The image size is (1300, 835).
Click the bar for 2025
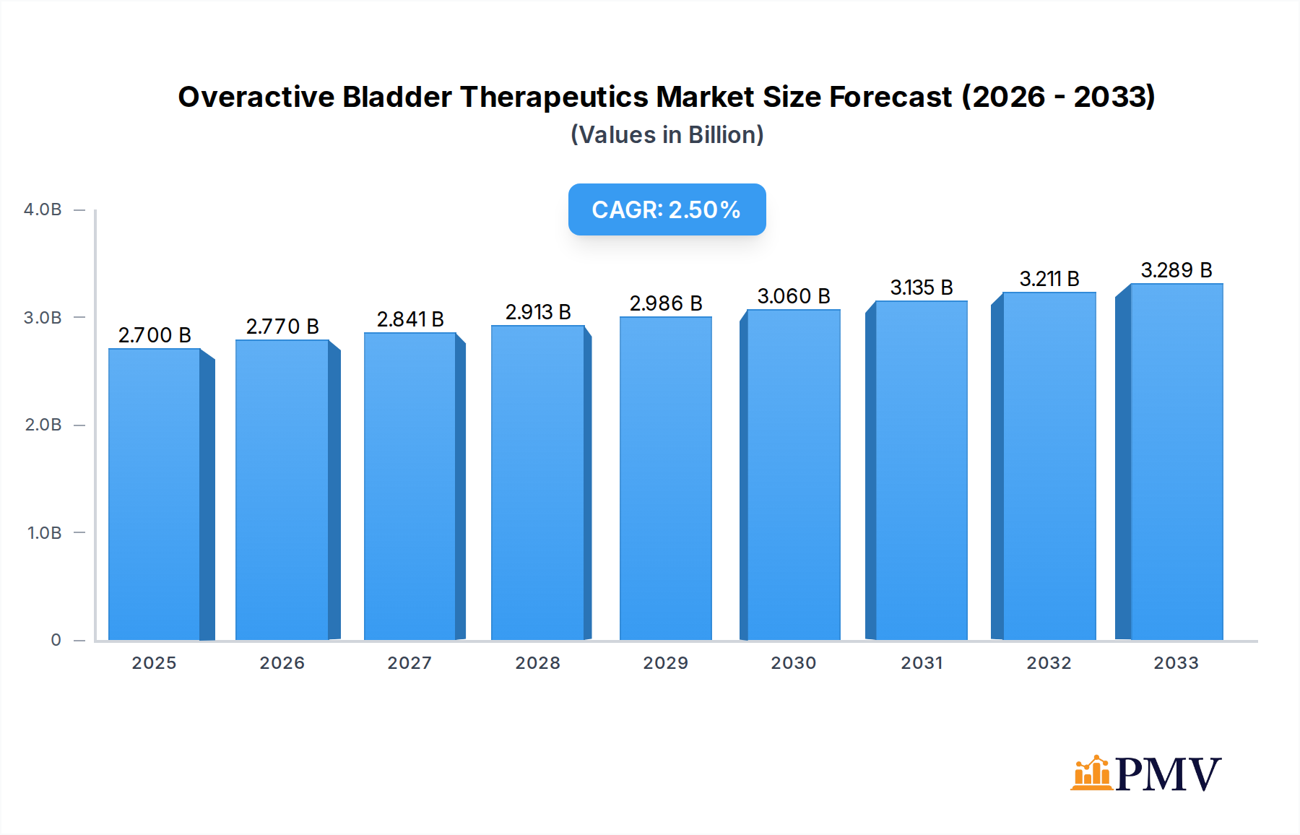click(x=155, y=495)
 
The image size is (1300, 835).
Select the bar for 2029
click(x=665, y=478)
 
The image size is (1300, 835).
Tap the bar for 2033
click(x=1176, y=462)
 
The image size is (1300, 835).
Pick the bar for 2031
click(x=921, y=471)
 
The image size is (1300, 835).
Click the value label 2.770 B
click(x=282, y=326)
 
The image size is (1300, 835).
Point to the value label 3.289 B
click(x=1176, y=270)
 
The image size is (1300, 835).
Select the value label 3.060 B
click(x=793, y=296)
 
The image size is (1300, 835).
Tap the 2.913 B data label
click(x=538, y=312)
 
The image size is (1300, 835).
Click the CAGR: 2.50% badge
click(x=667, y=209)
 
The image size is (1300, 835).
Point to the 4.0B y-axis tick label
click(x=43, y=209)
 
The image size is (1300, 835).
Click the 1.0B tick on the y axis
click(x=44, y=533)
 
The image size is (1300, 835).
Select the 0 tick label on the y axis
click(x=56, y=640)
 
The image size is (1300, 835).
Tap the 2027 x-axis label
click(x=409, y=663)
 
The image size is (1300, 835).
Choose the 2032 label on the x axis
click(x=1049, y=663)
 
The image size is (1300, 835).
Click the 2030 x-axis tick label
click(x=793, y=663)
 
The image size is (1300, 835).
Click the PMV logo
click(x=1145, y=774)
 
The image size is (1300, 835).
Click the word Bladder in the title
click(x=396, y=97)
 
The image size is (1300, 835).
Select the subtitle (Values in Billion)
click(x=667, y=135)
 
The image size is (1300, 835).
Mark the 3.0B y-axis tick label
click(x=43, y=318)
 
